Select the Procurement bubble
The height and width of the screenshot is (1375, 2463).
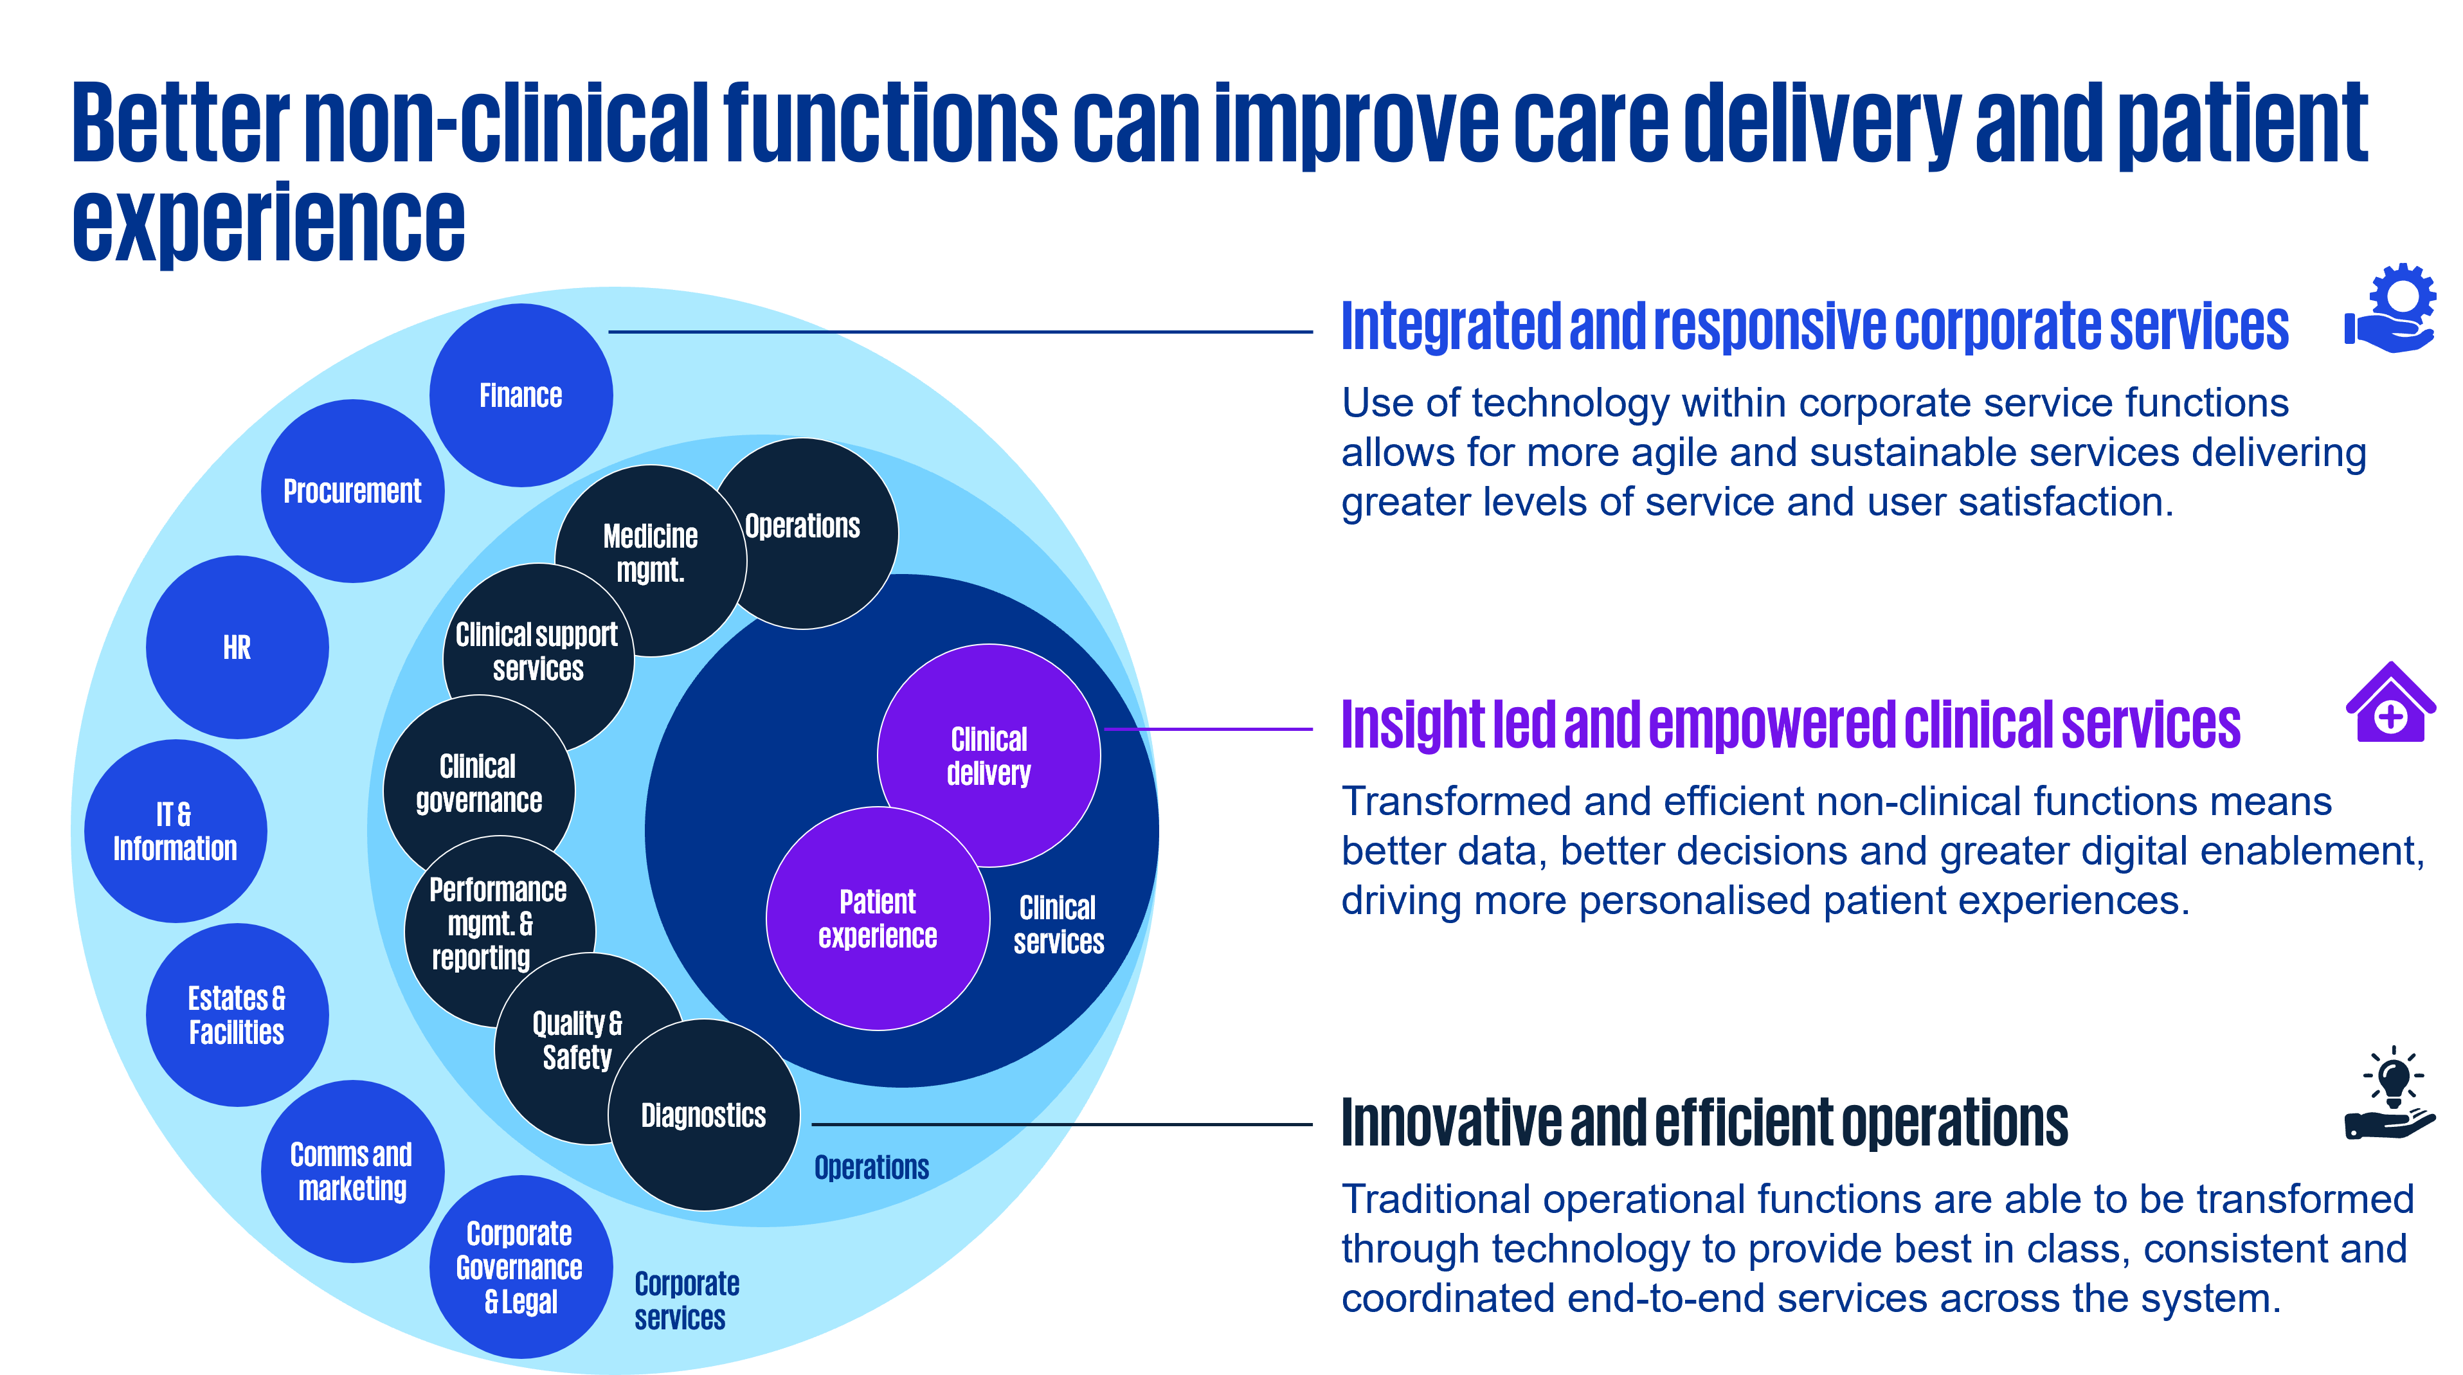click(x=352, y=490)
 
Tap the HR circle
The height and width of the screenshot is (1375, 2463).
click(x=237, y=647)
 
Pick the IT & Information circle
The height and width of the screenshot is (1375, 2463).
click(x=175, y=831)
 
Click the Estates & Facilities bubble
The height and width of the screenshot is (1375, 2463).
click(x=237, y=1014)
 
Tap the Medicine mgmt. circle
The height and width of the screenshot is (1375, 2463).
click(x=650, y=553)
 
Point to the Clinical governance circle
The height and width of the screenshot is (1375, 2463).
click(x=478, y=783)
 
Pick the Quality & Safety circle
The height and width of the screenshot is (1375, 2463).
click(x=577, y=1040)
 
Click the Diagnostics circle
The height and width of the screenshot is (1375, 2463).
click(x=704, y=1115)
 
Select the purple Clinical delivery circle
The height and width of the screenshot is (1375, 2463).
click(x=989, y=755)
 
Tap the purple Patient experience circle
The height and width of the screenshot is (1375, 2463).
click(x=878, y=918)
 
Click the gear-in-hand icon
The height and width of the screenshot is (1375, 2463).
click(x=2390, y=309)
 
